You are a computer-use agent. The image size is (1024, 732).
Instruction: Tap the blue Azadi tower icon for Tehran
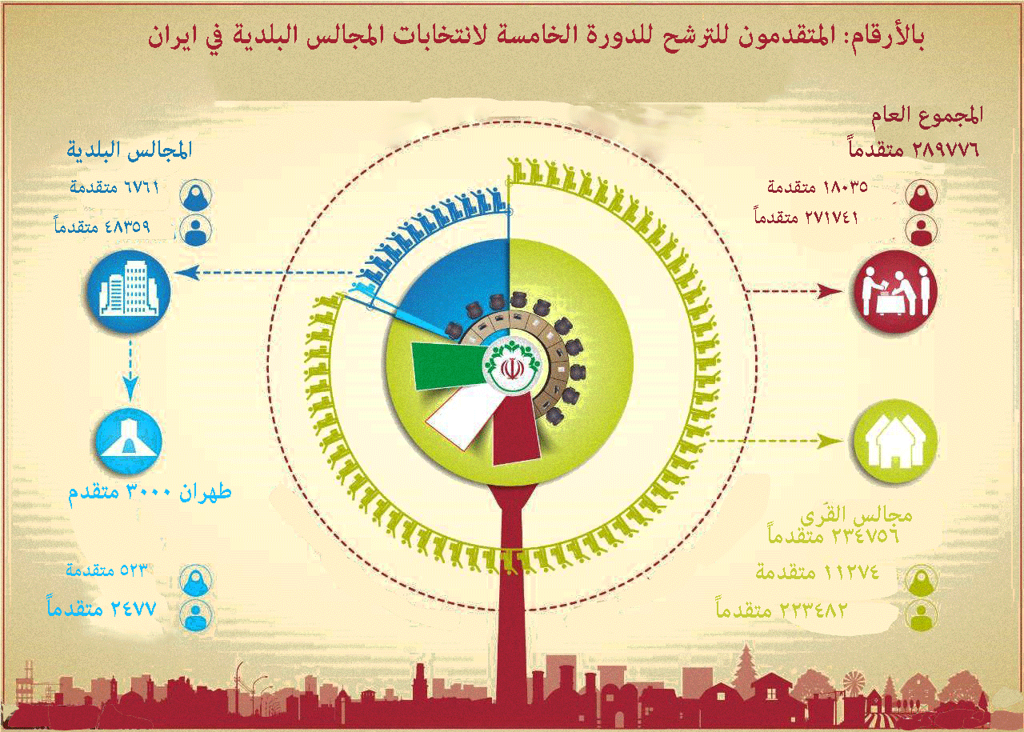pyautogui.click(x=128, y=441)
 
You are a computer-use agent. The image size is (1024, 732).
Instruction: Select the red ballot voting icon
pyautogui.click(x=894, y=292)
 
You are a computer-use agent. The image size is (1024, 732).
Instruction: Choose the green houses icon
pyautogui.click(x=894, y=441)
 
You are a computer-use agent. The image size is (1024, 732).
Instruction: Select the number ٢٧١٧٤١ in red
pyautogui.click(x=829, y=217)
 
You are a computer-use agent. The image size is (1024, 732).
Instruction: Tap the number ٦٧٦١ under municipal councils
pyautogui.click(x=138, y=187)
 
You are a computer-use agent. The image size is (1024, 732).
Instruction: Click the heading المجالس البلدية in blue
pyautogui.click(x=130, y=149)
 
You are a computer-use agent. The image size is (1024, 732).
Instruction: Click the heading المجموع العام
pyautogui.click(x=937, y=114)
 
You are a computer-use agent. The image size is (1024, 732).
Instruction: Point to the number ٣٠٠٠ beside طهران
pyautogui.click(x=143, y=491)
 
